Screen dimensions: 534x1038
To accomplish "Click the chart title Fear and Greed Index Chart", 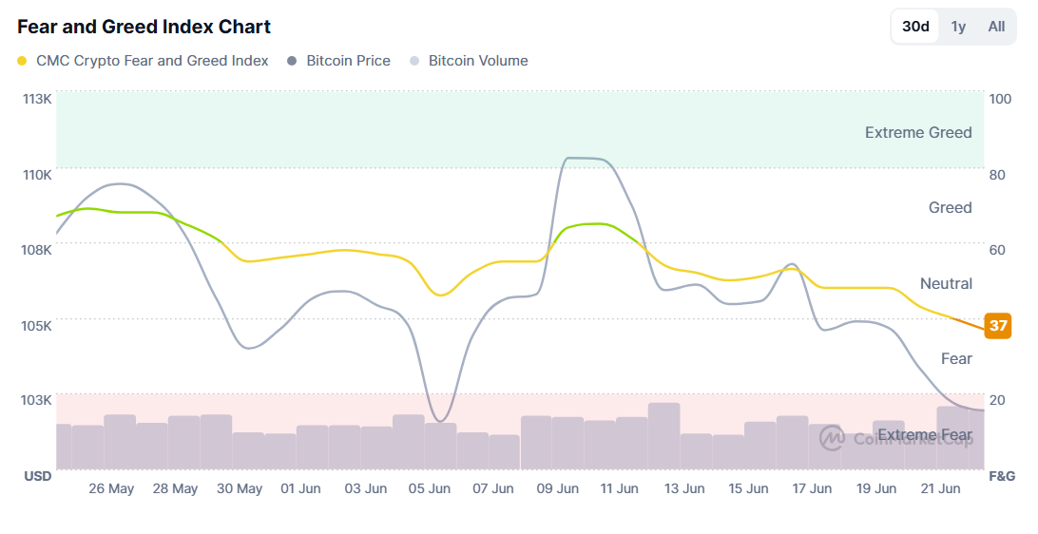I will point(144,27).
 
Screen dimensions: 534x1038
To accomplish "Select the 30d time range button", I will point(915,27).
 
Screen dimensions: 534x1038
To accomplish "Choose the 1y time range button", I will point(958,27).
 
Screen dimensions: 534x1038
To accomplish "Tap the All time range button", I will point(996,27).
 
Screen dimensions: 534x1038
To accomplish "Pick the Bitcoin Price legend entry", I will point(348,61).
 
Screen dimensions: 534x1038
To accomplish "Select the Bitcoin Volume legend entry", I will point(478,61).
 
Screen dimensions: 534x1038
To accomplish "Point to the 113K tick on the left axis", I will point(37,99).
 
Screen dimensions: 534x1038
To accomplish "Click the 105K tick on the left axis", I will point(37,325).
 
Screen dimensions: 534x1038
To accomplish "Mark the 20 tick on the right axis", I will point(997,400).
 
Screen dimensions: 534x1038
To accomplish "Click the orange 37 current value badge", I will point(998,325).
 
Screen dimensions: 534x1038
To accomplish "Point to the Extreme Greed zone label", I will point(918,133).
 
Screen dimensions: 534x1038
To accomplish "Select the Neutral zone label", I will point(946,283).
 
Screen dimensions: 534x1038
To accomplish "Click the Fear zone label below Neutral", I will point(956,358).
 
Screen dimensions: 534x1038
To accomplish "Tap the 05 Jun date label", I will point(430,488).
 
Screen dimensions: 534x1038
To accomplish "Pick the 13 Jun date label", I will point(684,488).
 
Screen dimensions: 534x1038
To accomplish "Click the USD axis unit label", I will point(37,475).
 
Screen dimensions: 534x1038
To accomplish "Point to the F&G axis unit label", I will point(1002,475).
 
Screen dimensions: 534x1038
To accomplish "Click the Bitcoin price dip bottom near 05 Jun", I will point(439,420).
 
